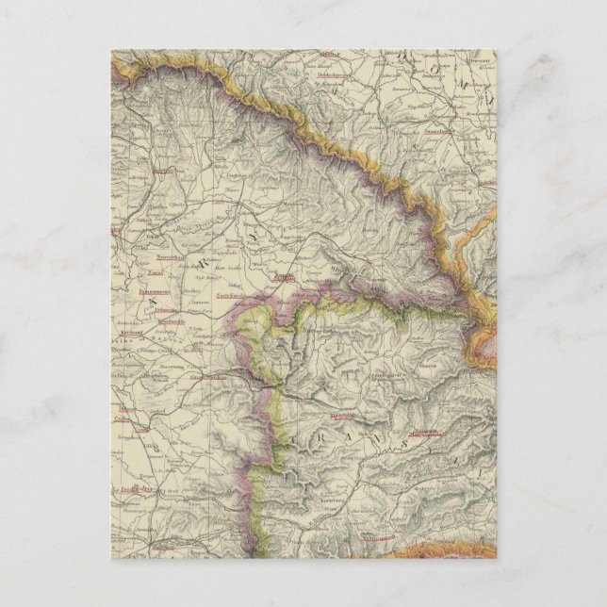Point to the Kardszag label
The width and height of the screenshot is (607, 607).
(x=130, y=333)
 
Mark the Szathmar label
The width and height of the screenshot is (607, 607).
(x=282, y=279)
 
